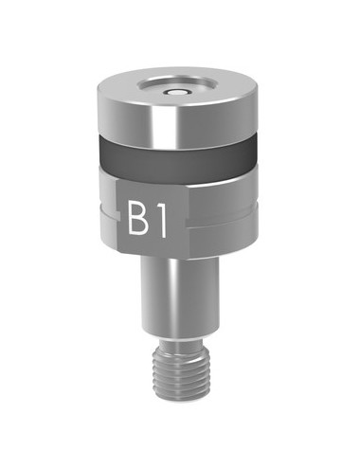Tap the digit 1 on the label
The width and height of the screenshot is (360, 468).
point(163,220)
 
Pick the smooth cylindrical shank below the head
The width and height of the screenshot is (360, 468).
point(180,298)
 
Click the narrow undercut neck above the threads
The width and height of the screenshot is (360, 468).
point(180,343)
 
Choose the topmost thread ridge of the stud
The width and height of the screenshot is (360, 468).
point(180,353)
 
